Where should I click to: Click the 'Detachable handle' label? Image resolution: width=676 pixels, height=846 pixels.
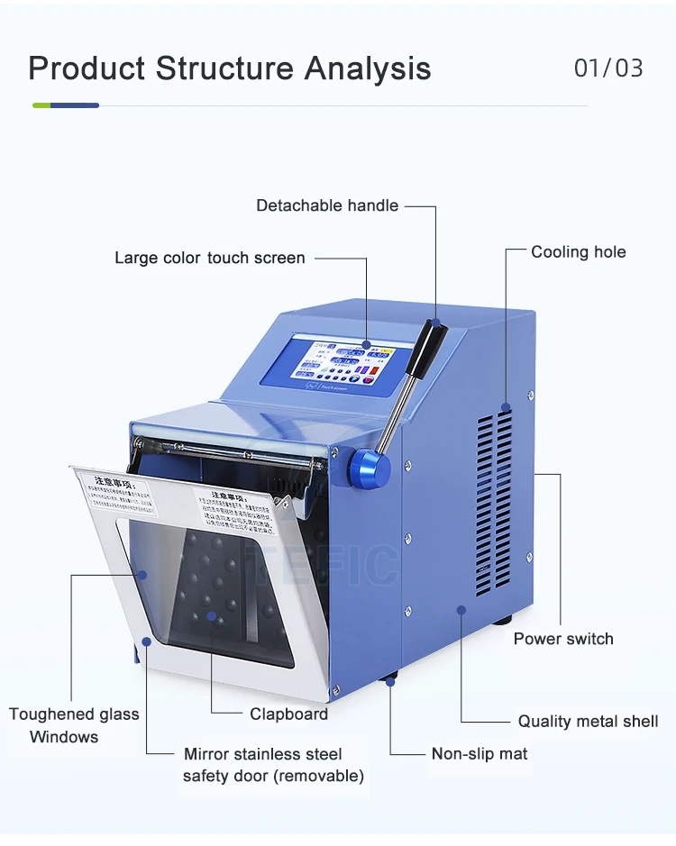pyautogui.click(x=326, y=205)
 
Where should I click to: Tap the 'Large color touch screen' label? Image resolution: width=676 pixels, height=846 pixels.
pyautogui.click(x=209, y=258)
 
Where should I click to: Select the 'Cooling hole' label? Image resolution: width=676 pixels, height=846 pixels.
pyautogui.click(x=578, y=252)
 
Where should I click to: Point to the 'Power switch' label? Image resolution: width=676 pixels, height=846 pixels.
pyautogui.click(x=563, y=639)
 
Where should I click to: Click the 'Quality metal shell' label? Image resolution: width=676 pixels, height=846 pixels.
pyautogui.click(x=588, y=721)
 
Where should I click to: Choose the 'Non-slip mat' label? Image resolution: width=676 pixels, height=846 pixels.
pyautogui.click(x=480, y=753)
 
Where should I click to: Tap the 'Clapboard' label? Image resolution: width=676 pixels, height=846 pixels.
pyautogui.click(x=288, y=714)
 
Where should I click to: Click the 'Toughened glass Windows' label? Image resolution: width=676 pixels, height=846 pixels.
pyautogui.click(x=73, y=725)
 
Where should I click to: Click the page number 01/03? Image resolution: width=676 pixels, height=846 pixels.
pyautogui.click(x=608, y=68)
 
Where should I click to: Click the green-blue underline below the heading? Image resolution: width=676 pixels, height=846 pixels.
pyautogui.click(x=65, y=105)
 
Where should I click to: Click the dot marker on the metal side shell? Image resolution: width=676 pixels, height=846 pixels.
pyautogui.click(x=461, y=610)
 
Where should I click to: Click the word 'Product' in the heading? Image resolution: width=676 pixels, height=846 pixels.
pyautogui.click(x=86, y=68)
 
